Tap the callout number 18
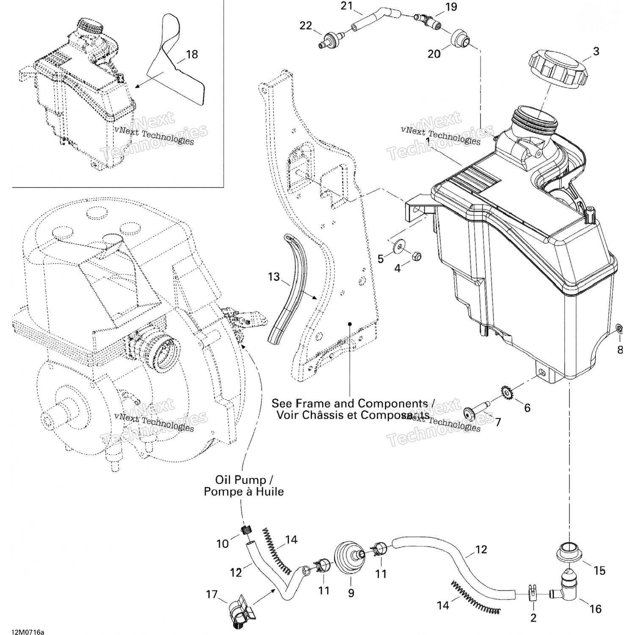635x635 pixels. tap(192, 55)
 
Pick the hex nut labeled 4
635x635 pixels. tap(415, 257)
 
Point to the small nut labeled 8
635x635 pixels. tap(618, 328)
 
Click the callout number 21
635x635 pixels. tap(347, 6)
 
